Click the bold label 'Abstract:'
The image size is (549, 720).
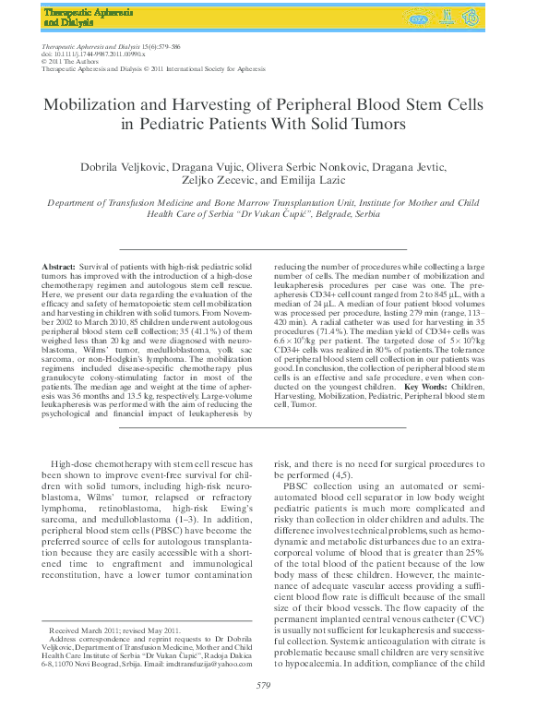click(x=60, y=267)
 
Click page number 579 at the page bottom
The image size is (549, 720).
click(x=263, y=685)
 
